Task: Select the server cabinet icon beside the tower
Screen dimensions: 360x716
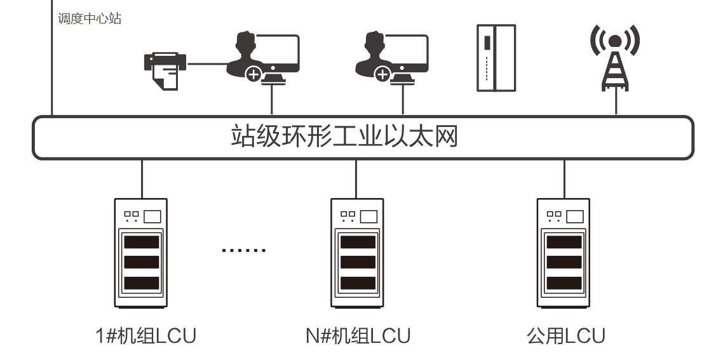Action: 496,58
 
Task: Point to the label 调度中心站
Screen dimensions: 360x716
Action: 90,18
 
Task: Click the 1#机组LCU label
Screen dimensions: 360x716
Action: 145,335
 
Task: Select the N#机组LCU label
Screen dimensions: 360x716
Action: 358,335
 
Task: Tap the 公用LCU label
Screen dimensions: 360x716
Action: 565,335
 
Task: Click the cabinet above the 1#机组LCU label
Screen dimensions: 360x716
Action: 141,253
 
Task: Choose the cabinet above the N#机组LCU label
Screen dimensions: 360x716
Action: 357,253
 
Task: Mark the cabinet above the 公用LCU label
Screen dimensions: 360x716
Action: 564,253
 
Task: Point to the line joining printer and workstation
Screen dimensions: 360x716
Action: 207,63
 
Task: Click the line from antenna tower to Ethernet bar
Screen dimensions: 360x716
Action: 616,103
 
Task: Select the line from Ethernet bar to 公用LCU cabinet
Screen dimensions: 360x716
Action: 564,178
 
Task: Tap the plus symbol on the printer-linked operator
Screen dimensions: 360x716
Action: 253,75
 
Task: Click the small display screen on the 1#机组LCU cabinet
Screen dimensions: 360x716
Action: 152,217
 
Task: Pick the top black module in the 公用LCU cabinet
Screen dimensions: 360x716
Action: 564,242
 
